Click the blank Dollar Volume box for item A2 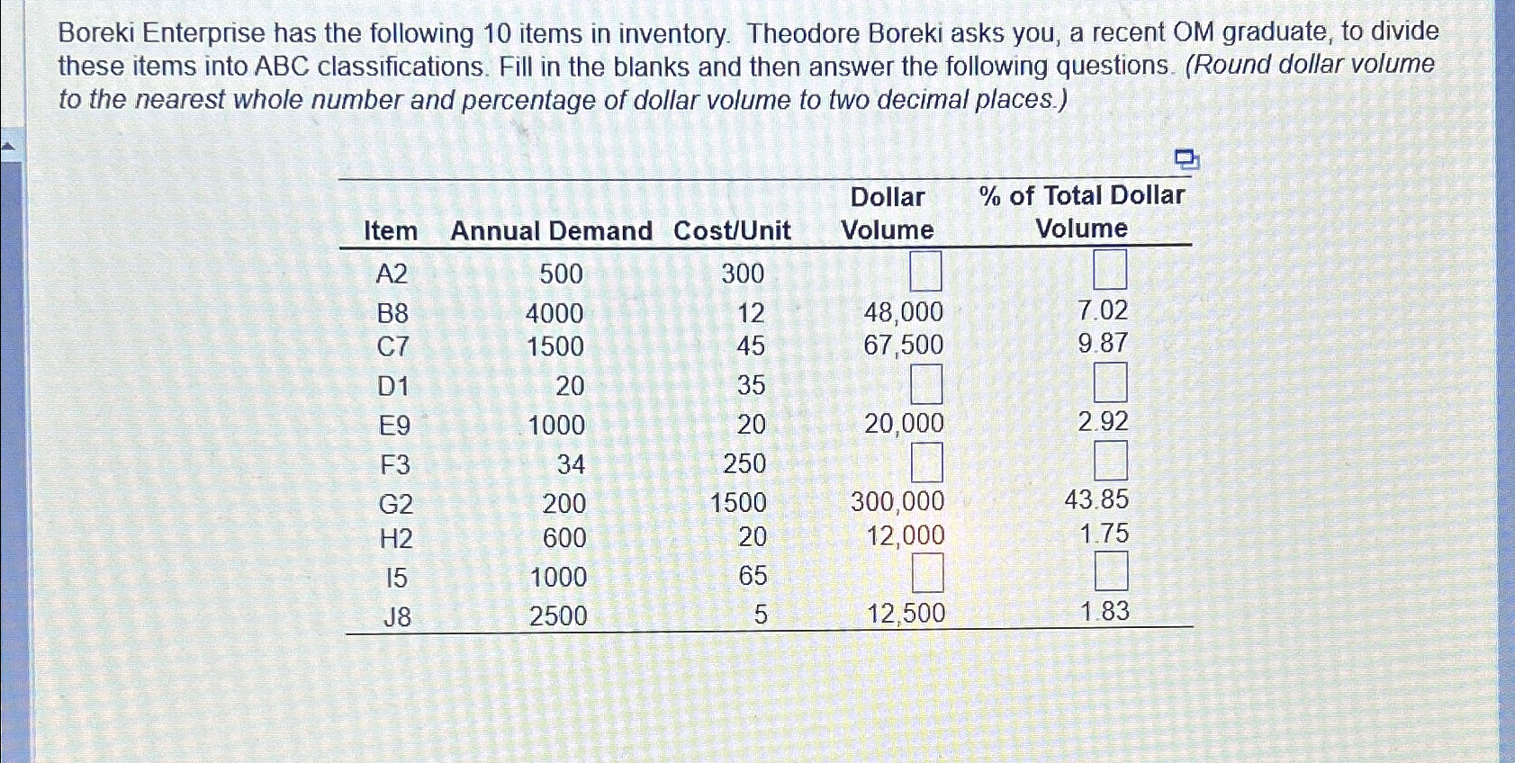[x=925, y=271]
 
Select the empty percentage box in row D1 [x=1110, y=382]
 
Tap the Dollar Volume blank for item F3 [x=927, y=462]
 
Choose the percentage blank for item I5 [x=1111, y=571]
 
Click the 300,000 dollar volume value [x=897, y=501]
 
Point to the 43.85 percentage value [x=1096, y=499]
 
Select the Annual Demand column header [x=551, y=231]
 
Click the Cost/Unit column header [x=732, y=231]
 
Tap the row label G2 [x=395, y=503]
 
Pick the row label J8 [x=396, y=616]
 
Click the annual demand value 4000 [x=555, y=313]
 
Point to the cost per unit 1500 [x=738, y=502]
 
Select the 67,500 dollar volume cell [x=903, y=345]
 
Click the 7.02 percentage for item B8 [x=1103, y=310]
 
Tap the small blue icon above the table [x=1187, y=160]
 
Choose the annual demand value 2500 [x=558, y=616]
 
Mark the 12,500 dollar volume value [x=906, y=614]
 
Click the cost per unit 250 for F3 [x=744, y=463]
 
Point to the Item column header [x=391, y=231]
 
